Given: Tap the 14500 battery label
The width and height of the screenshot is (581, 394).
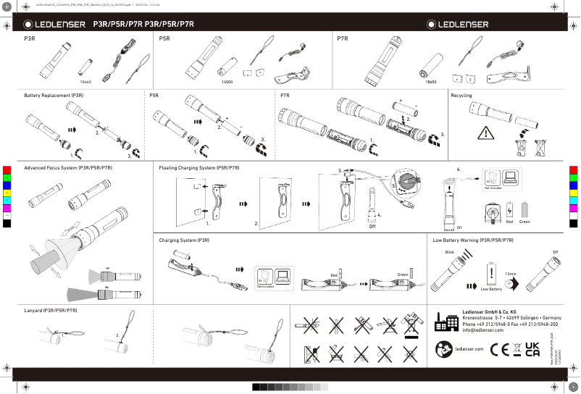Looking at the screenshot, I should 227,83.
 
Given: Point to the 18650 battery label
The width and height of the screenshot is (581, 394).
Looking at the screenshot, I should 431,83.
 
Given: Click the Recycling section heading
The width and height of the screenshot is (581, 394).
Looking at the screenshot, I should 461,96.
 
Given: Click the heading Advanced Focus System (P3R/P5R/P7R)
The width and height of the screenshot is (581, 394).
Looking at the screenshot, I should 68,167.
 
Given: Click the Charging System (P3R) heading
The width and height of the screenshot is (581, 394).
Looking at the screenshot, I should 185,239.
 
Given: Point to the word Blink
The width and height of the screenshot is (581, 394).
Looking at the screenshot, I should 449,251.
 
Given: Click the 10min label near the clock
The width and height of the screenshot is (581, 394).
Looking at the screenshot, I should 510,274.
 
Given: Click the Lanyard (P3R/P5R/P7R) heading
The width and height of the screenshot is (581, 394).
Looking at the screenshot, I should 51,310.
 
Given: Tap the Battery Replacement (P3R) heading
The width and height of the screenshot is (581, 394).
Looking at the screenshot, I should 54,96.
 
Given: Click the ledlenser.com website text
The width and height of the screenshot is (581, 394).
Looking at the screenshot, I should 469,349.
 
